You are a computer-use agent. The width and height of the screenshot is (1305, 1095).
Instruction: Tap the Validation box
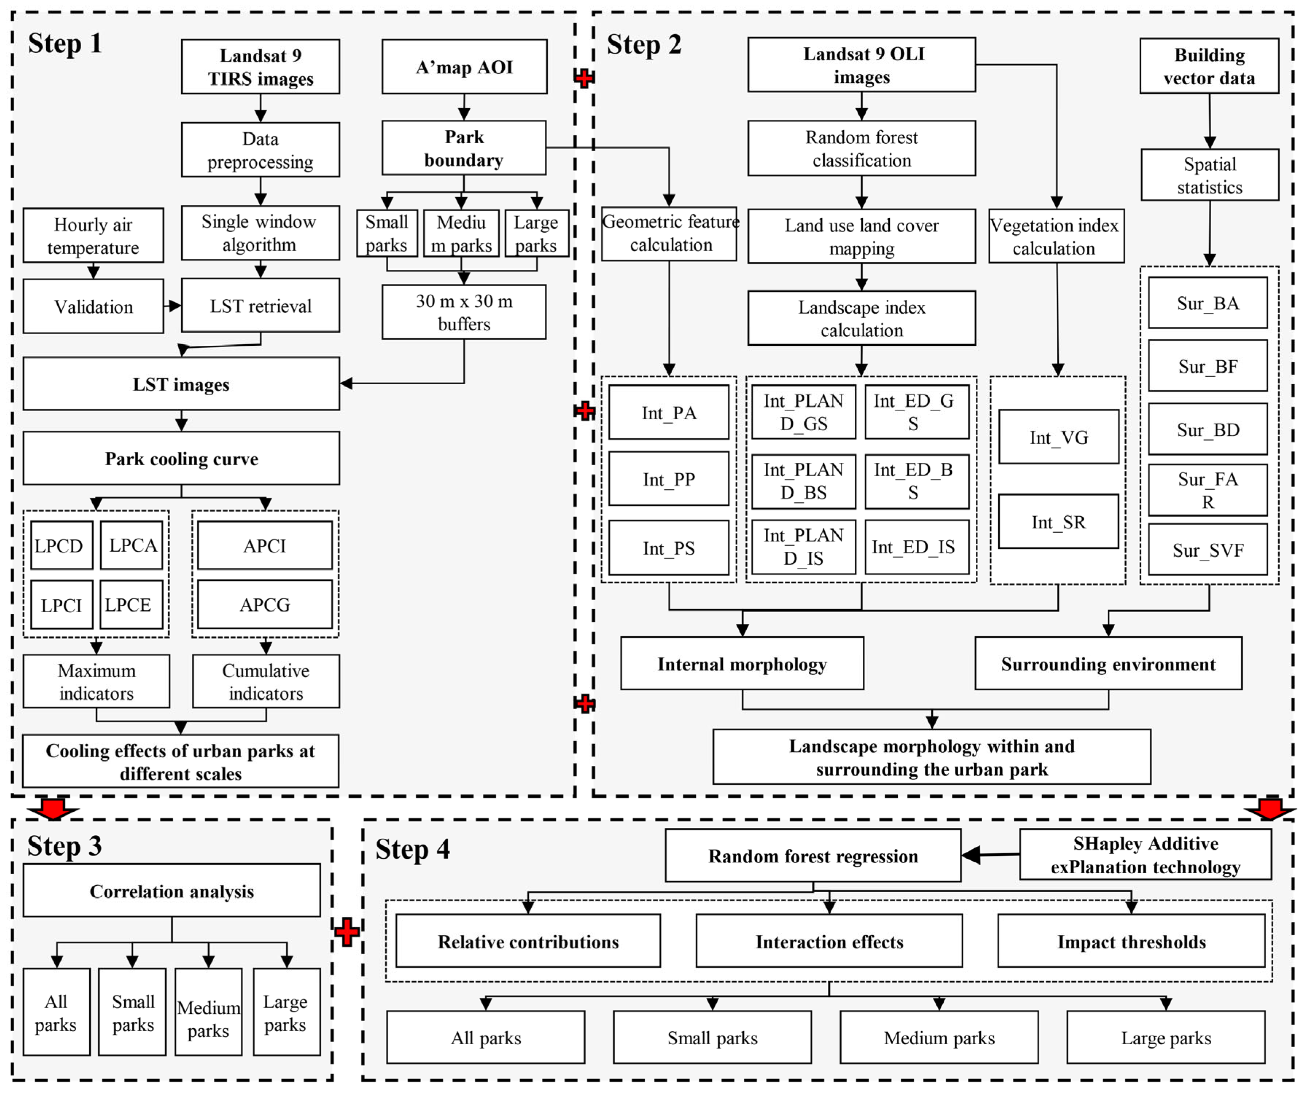point(93,306)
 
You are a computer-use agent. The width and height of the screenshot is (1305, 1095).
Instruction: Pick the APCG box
point(265,605)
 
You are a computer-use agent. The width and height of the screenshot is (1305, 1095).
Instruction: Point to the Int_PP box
point(669,479)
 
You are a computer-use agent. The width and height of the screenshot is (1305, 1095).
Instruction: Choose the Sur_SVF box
point(1207,550)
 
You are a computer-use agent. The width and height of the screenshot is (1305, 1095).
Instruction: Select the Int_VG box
point(1058,437)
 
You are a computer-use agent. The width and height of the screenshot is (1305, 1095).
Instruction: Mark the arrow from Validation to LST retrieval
point(173,306)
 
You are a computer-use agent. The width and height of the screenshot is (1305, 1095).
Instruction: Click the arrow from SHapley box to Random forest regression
point(990,855)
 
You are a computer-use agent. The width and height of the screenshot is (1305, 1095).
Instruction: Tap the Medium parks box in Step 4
point(939,1038)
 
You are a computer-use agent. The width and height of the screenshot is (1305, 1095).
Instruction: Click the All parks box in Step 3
point(56,1012)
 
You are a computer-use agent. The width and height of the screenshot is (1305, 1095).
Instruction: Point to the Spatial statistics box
point(1209,175)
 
